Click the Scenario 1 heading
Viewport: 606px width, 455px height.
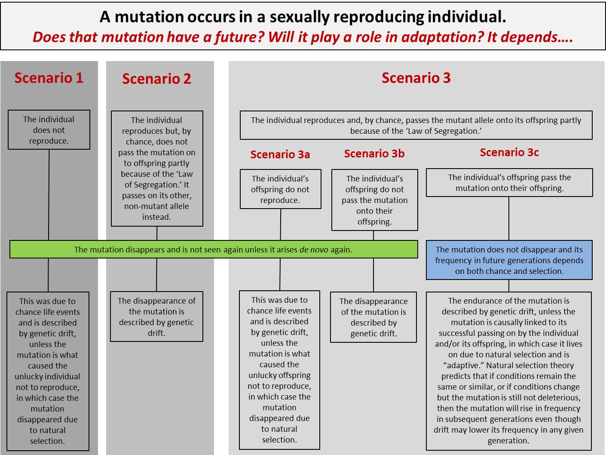click(49, 78)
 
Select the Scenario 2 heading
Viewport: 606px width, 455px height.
click(156, 79)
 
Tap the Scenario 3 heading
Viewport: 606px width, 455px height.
click(416, 78)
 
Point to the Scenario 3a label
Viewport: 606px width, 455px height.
click(280, 154)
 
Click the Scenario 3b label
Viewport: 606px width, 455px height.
click(374, 154)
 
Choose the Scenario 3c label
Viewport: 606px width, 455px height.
click(509, 152)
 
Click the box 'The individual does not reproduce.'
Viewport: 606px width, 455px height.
click(49, 130)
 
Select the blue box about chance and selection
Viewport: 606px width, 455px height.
click(509, 260)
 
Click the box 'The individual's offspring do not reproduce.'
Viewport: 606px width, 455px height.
click(280, 189)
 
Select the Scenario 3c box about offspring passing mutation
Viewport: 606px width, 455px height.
click(509, 183)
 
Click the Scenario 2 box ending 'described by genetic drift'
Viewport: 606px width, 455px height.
click(156, 317)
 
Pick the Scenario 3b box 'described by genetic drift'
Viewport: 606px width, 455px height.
click(373, 317)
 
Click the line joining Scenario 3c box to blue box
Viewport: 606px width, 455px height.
click(509, 218)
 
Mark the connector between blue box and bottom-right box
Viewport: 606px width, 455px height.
click(509, 286)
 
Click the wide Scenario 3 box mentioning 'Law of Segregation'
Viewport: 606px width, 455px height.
click(416, 126)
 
